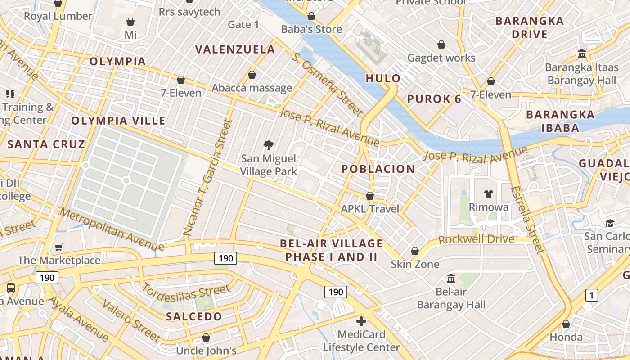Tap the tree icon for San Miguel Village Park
click(269, 145)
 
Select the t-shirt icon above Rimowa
click(488, 194)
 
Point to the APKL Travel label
click(370, 209)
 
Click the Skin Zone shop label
click(415, 264)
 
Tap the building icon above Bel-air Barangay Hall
click(450, 279)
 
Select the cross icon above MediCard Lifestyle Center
click(361, 321)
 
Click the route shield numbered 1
click(591, 295)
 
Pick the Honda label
click(566, 337)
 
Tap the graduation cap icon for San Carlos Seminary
click(610, 223)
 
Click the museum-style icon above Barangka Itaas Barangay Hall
click(581, 54)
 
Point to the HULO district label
click(383, 78)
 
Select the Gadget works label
click(441, 58)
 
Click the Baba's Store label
click(311, 29)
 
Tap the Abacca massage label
click(252, 88)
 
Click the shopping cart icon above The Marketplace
click(58, 247)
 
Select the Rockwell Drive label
click(476, 239)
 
